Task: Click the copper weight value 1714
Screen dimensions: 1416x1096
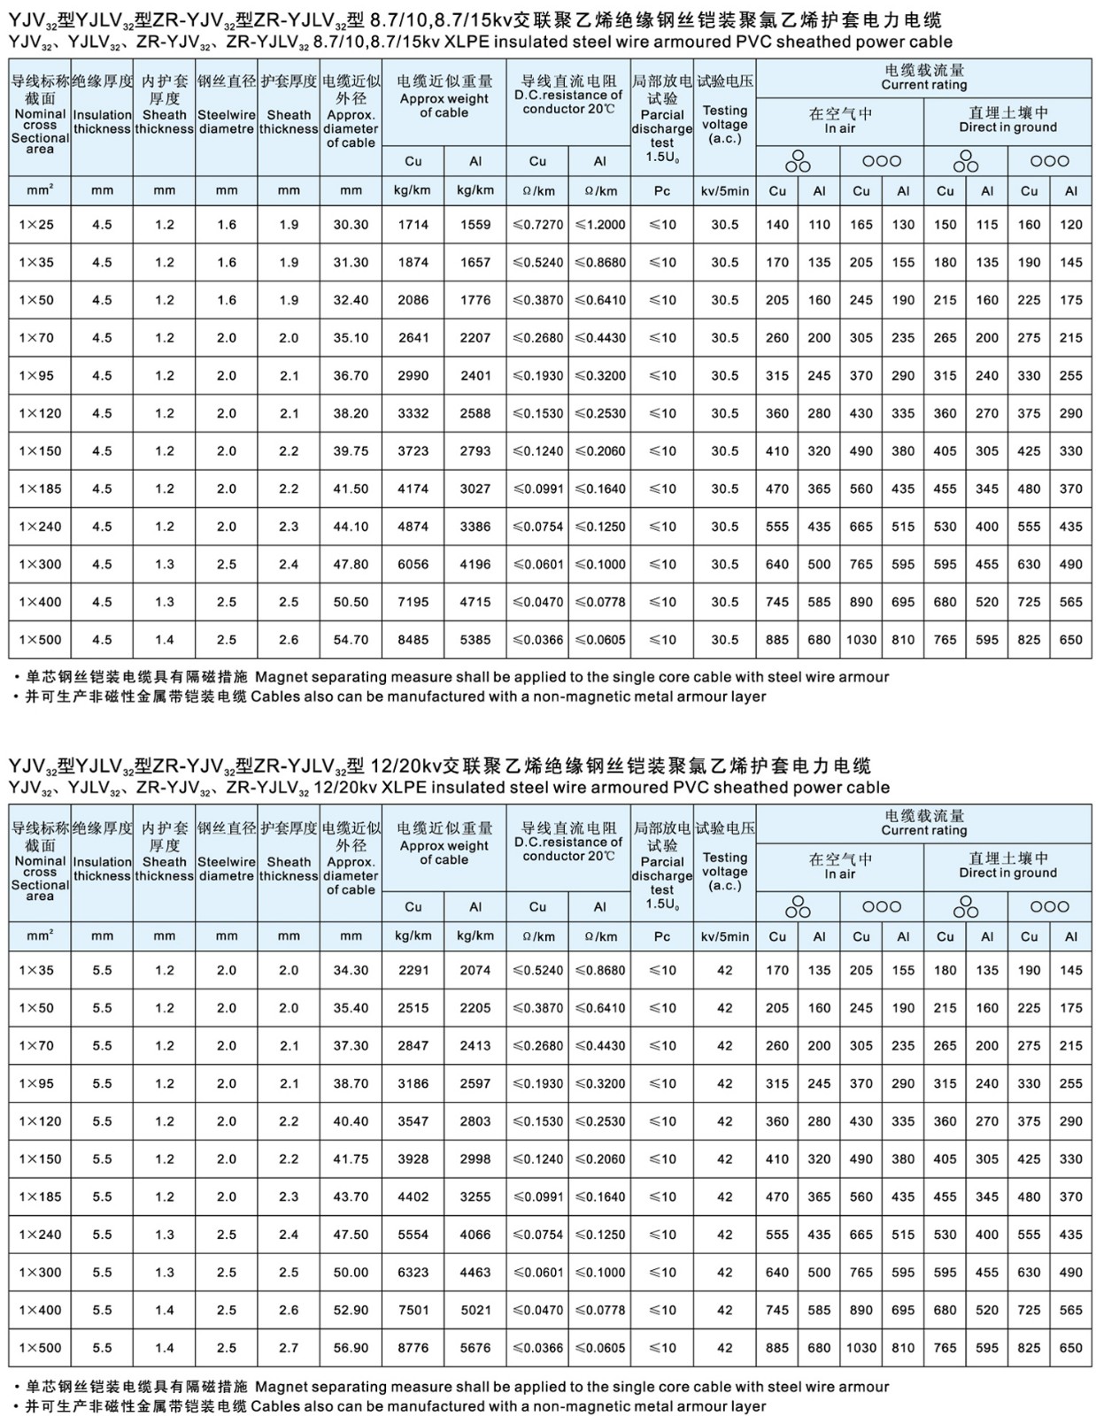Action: [x=413, y=225]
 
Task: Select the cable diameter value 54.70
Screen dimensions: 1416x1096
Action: [x=351, y=640]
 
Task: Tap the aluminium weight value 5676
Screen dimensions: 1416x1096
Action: [x=475, y=1348]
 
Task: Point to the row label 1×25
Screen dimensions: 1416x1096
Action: [x=36, y=225]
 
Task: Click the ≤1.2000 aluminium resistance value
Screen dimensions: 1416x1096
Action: [x=599, y=225]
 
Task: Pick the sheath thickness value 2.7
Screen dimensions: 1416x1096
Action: [x=289, y=1348]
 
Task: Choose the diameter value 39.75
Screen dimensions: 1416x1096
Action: [x=351, y=451]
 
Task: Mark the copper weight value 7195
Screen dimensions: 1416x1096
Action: [x=413, y=602]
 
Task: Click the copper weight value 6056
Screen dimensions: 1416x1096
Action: [x=413, y=565]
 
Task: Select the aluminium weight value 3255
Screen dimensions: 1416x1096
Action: [x=475, y=1197]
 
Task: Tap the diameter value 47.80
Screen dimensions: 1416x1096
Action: [x=351, y=565]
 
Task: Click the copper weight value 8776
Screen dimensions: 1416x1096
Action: [x=413, y=1348]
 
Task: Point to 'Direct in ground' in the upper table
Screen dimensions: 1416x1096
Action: [x=1007, y=127]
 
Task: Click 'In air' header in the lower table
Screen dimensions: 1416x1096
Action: [x=839, y=874]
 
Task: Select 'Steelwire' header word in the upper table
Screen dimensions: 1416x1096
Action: [x=227, y=115]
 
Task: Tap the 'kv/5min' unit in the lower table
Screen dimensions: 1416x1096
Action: [x=725, y=936]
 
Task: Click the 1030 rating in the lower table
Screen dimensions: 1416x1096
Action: [x=861, y=1348]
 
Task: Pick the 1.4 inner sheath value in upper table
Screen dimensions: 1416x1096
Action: [x=165, y=640]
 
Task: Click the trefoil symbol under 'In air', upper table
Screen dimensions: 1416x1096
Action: [x=799, y=160]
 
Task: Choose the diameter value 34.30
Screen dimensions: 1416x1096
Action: [x=351, y=970]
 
